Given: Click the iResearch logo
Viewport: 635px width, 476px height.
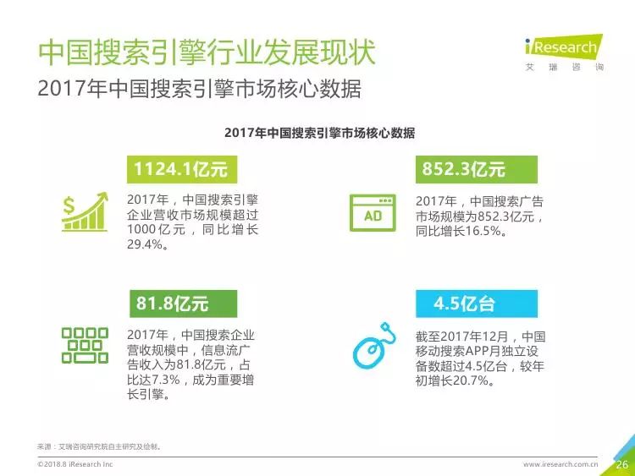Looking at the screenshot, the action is pos(565,52).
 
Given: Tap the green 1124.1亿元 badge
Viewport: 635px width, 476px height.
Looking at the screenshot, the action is pos(182,169).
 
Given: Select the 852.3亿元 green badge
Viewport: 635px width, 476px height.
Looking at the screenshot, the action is pos(476,169).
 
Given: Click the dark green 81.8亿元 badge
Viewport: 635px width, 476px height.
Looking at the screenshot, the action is pos(183,304).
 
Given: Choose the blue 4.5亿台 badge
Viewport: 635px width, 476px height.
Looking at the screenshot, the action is pos(476,304).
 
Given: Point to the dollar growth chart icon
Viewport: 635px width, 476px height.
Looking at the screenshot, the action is pos(85,211).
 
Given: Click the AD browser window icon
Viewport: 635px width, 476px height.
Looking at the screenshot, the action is pos(373,213).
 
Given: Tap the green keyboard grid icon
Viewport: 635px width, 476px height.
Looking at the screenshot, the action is pos(85,345).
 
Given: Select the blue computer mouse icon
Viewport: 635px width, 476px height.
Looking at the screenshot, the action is pos(373,346).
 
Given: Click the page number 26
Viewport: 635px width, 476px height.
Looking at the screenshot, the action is pos(622,464).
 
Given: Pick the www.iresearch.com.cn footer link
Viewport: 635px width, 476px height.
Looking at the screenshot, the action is pos(560,464).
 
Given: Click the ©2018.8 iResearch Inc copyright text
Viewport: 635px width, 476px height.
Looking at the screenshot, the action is pos(75,464).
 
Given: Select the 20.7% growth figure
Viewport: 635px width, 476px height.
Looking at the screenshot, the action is pos(471,380).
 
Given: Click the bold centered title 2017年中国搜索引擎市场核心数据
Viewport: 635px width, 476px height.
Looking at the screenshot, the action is pos(319,133).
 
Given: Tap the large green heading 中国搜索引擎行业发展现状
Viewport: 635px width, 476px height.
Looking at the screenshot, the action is pos(207,52).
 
